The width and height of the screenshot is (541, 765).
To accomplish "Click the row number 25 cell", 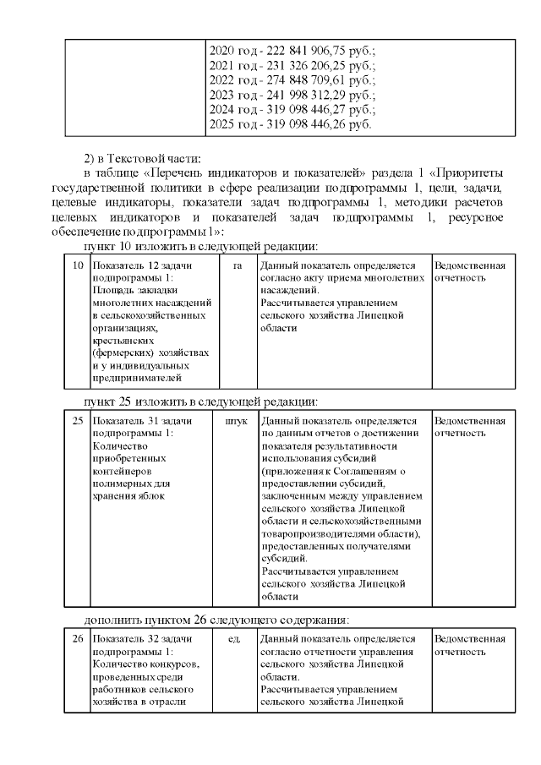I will pos(77,420).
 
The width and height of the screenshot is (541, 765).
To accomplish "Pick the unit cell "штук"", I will pos(237,420).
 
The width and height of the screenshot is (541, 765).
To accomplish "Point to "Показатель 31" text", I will pos(126,420).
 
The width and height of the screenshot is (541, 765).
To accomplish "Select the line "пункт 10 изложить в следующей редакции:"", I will pos(199,246).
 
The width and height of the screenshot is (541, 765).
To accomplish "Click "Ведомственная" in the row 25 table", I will pos(469,420).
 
